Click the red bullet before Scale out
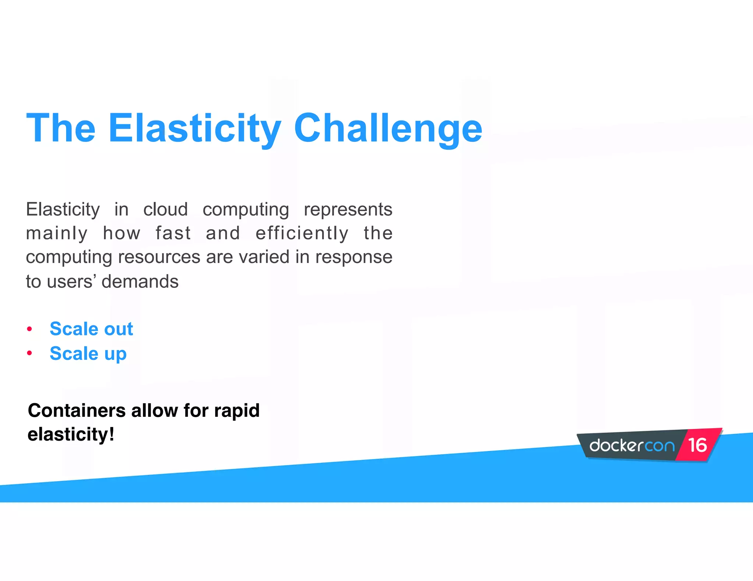(29, 329)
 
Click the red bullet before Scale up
(29, 353)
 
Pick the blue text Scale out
(91, 329)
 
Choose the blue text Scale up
(88, 354)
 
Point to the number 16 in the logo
(697, 445)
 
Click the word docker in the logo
(616, 445)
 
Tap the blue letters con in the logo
(660, 446)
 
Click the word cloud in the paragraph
(165, 209)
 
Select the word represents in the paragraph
(348, 209)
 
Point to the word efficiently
(302, 233)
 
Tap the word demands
(140, 282)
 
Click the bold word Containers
(76, 411)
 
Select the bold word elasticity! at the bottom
(71, 434)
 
